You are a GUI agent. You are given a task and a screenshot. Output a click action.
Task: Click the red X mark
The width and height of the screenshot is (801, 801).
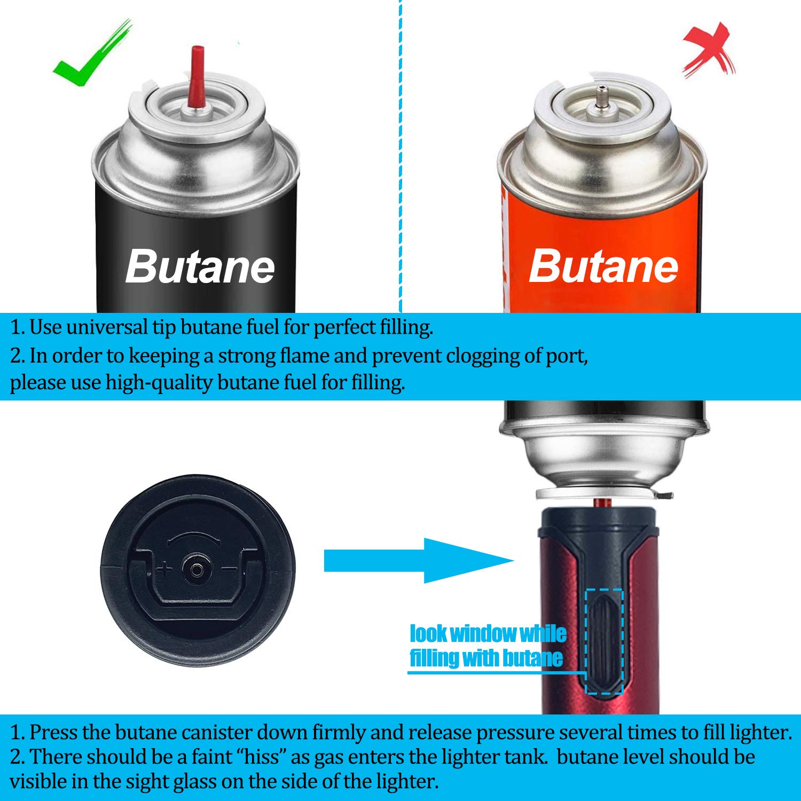pyautogui.click(x=709, y=51)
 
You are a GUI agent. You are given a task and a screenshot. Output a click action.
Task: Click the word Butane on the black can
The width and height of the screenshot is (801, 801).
pyautogui.click(x=200, y=266)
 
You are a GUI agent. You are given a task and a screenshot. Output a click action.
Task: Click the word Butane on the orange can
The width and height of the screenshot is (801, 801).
pyautogui.click(x=603, y=266)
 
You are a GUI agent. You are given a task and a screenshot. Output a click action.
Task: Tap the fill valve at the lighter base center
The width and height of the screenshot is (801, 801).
pyautogui.click(x=196, y=570)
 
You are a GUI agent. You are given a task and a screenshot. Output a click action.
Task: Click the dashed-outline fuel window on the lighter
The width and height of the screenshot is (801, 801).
pyautogui.click(x=604, y=641)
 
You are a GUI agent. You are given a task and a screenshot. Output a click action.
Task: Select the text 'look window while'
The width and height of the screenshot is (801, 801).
pyautogui.click(x=488, y=634)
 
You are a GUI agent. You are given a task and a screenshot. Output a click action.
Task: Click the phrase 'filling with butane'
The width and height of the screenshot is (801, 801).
pyautogui.click(x=486, y=658)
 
